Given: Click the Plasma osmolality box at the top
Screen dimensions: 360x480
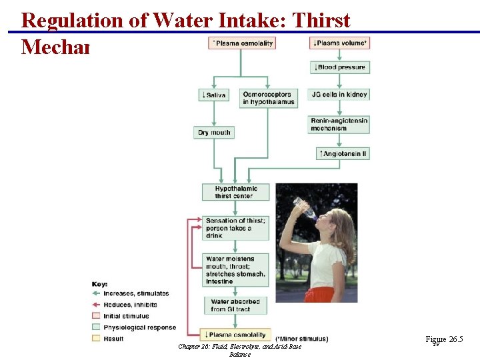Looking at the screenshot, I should point(242,43).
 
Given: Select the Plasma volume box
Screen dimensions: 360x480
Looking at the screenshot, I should point(340,43).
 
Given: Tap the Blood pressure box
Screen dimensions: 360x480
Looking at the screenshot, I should point(340,67).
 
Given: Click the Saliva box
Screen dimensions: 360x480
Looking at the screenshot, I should point(213,95).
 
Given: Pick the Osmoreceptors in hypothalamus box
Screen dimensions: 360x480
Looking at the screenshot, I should point(268,98).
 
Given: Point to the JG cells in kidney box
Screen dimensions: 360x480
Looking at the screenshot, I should point(340,95).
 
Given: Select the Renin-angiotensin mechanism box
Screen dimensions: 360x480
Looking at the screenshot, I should point(339,124).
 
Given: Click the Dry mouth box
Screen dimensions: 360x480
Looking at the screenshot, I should point(214,133).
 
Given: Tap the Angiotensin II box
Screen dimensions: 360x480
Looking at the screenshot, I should point(343,153).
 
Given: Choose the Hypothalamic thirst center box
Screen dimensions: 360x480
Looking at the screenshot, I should point(235,192).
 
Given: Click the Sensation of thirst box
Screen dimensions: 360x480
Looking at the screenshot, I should point(235,228).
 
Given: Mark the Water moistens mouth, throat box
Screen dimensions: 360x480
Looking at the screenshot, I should point(235,270).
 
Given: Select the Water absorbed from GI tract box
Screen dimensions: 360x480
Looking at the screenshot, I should point(235,305).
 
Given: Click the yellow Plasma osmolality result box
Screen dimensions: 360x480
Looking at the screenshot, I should point(235,335).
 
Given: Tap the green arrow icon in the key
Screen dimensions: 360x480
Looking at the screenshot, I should point(97,293).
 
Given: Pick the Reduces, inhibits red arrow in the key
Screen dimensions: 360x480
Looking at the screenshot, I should point(97,305).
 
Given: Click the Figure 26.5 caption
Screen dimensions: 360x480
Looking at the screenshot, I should point(444,340).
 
